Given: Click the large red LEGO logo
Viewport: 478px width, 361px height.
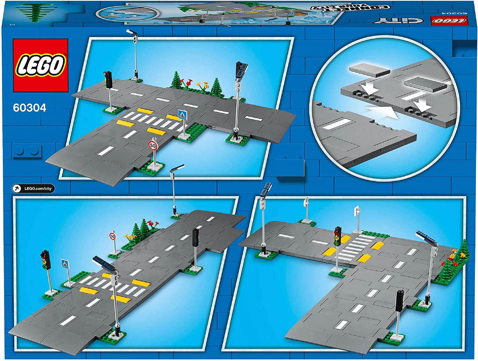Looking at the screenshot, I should [40, 66].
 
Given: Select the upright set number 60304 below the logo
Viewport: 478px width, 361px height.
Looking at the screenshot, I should [30, 108].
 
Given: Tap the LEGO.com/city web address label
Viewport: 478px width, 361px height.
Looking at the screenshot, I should [38, 188].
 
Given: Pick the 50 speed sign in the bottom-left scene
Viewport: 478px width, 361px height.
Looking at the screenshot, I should [112, 236].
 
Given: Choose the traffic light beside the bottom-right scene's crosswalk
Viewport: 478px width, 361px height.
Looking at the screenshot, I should [337, 236].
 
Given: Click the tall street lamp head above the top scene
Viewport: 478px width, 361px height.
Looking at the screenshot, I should [132, 32].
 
